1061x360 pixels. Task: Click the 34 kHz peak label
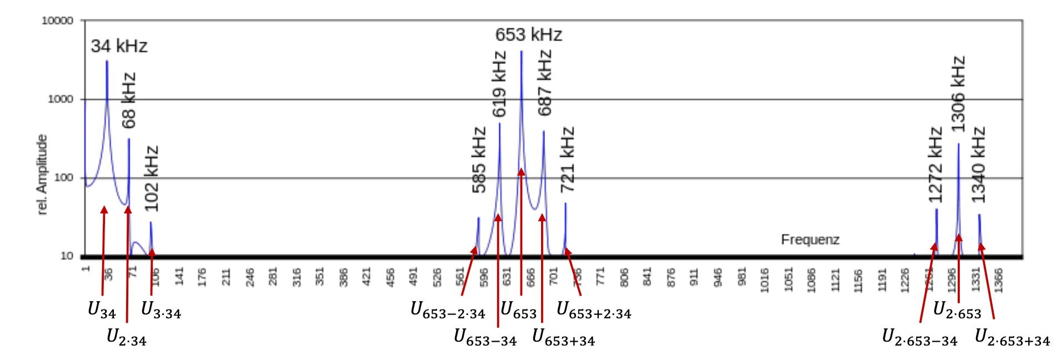click(x=119, y=46)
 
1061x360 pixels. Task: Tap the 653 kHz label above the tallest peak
click(x=528, y=35)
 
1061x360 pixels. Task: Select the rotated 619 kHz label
click(x=499, y=84)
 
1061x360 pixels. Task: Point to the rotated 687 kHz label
click(x=544, y=83)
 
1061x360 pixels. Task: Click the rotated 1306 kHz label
click(x=958, y=94)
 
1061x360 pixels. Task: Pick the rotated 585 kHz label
click(x=479, y=160)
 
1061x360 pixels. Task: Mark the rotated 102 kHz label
click(x=151, y=178)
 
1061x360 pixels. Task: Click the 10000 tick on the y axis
click(x=57, y=21)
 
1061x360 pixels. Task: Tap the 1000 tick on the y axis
click(x=60, y=99)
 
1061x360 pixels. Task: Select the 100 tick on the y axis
click(x=63, y=178)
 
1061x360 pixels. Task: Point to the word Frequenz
click(x=810, y=239)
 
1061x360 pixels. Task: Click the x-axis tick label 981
click(x=742, y=277)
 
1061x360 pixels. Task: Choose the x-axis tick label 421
click(x=366, y=277)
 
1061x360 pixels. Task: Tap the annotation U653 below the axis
click(x=518, y=310)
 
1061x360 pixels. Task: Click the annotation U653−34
click(x=485, y=337)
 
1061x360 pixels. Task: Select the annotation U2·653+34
click(x=1012, y=337)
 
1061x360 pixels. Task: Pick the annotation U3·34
click(x=161, y=310)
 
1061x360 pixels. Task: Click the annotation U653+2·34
click(x=594, y=310)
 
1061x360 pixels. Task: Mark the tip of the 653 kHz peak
click(x=521, y=52)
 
